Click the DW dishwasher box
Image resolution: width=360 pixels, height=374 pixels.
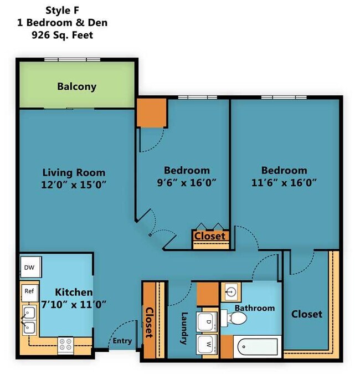pyautogui.click(x=29, y=268)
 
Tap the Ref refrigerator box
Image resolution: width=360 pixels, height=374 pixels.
pyautogui.click(x=28, y=290)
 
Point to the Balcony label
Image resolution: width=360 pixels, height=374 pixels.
pyautogui.click(x=76, y=86)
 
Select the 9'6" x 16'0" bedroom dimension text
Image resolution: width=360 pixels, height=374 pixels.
pyautogui.click(x=187, y=181)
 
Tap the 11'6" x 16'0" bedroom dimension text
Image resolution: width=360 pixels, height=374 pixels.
pyautogui.click(x=284, y=181)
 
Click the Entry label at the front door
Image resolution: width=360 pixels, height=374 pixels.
pyautogui.click(x=122, y=341)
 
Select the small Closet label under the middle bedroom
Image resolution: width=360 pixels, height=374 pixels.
pyautogui.click(x=210, y=236)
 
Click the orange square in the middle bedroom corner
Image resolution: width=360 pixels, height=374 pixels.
pyautogui.click(x=152, y=112)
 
